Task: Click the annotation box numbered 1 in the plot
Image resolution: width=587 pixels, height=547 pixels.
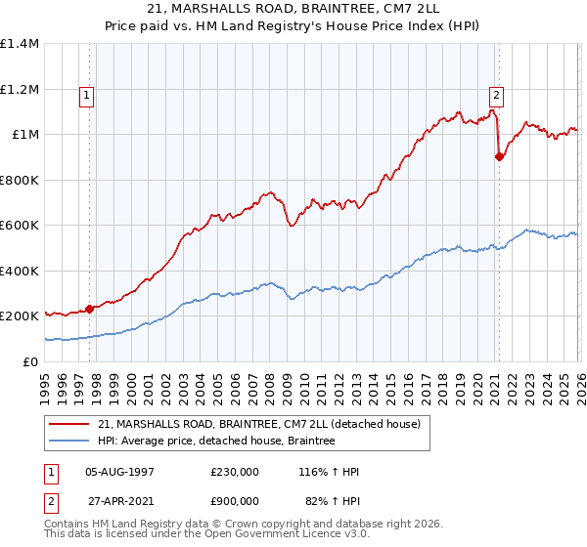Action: (87, 96)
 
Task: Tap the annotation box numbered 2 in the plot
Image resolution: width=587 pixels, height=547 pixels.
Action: (496, 96)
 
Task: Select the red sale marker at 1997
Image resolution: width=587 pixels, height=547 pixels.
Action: (90, 309)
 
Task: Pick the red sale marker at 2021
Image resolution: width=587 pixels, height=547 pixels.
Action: (499, 156)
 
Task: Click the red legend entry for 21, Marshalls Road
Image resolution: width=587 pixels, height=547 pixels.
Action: (258, 424)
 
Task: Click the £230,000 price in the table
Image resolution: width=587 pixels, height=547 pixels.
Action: (234, 472)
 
